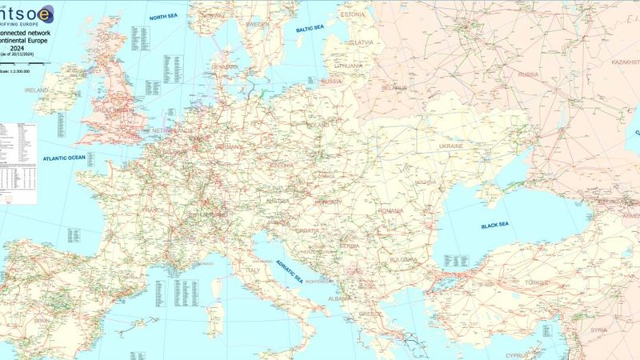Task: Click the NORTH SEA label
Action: (x=165, y=16)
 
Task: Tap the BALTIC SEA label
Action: (x=311, y=30)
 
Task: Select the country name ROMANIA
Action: (x=391, y=210)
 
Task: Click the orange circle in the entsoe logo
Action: (x=47, y=13)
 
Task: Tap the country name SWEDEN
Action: (x=258, y=25)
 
